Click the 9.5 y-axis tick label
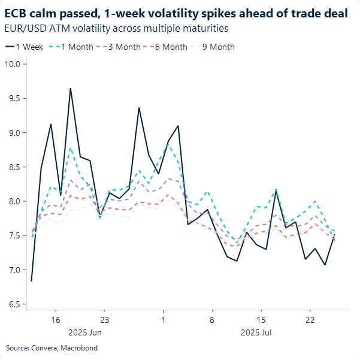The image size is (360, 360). pos(13,98)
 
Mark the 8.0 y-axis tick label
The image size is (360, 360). pos(13,201)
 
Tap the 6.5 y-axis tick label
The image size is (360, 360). pos(13,304)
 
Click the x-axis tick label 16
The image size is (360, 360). pos(55,320)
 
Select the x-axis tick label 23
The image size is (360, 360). pos(104,320)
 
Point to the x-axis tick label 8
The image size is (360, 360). pos(211,320)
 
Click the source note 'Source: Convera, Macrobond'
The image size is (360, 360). pos(52,347)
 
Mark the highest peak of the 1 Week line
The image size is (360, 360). pos(70,89)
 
